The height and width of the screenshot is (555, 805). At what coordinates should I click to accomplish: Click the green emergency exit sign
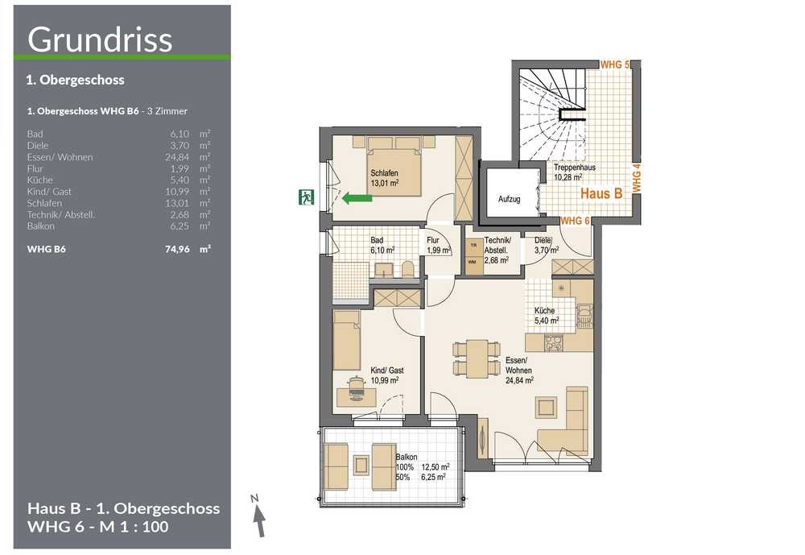(x=306, y=197)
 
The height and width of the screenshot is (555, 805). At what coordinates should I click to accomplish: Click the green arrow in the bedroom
(x=357, y=197)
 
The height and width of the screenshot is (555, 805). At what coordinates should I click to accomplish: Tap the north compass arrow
(x=260, y=521)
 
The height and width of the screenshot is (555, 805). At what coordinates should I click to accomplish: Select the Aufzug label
(x=510, y=199)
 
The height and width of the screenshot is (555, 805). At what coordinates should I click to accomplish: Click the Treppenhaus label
(x=575, y=168)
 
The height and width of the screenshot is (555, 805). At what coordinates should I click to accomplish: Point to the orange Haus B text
(x=601, y=194)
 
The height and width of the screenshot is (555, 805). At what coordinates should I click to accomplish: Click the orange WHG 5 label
(x=615, y=64)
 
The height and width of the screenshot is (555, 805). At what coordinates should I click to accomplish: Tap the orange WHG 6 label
(x=575, y=221)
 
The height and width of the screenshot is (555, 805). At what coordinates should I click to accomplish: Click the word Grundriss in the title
(x=100, y=39)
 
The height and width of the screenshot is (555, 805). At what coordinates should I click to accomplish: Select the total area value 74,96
(x=177, y=249)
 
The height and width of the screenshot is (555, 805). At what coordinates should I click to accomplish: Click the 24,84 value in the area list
(x=177, y=157)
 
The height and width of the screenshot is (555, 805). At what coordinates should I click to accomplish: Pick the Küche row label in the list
(x=40, y=180)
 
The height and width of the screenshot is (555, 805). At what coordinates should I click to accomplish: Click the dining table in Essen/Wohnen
(x=477, y=358)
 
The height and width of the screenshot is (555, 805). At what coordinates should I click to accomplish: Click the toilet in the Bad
(x=407, y=269)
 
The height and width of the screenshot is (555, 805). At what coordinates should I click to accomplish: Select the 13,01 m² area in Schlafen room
(x=385, y=183)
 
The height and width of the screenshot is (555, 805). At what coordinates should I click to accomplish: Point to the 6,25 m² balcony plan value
(x=435, y=477)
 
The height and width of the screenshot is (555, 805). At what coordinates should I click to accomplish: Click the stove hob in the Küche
(x=554, y=342)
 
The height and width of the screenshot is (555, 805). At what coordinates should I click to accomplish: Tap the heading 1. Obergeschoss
(x=76, y=81)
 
